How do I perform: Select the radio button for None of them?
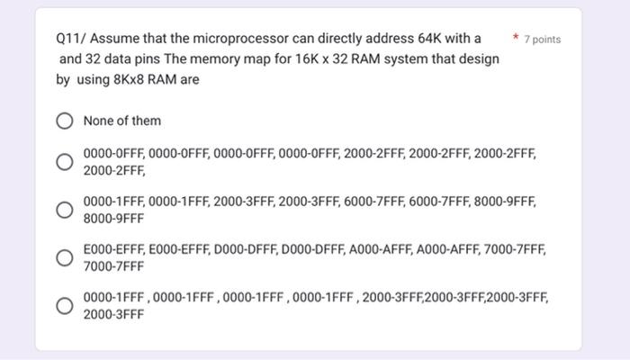(x=65, y=121)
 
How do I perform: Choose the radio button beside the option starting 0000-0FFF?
(x=65, y=162)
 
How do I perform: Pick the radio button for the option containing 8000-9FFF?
(x=65, y=210)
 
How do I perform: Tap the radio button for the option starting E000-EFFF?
(x=65, y=258)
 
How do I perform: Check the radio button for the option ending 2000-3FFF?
(x=65, y=306)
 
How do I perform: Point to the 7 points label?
(x=542, y=40)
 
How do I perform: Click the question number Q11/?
(x=70, y=40)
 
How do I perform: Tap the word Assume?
(x=112, y=40)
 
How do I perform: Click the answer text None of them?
(x=121, y=121)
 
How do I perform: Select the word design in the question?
(x=478, y=59)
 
